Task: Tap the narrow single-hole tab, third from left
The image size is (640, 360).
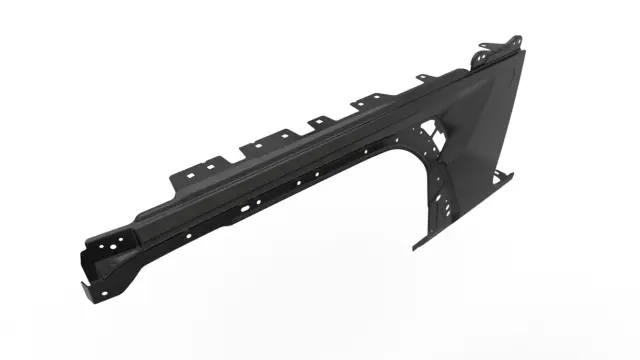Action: coord(319,122)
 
